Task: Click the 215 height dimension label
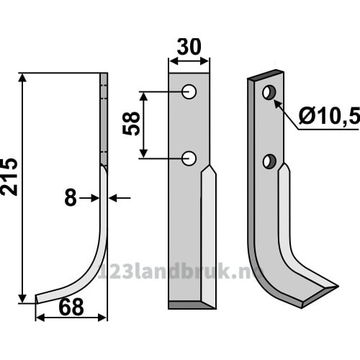point(9,177)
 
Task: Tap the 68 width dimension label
point(71,307)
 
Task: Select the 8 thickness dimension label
point(71,198)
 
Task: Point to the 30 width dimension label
point(189,47)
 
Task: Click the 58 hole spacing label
point(131,124)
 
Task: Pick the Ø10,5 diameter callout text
point(329,117)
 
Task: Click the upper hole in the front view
point(189,91)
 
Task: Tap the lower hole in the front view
point(189,158)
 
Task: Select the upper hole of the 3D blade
point(269,92)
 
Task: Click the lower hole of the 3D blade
point(269,161)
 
